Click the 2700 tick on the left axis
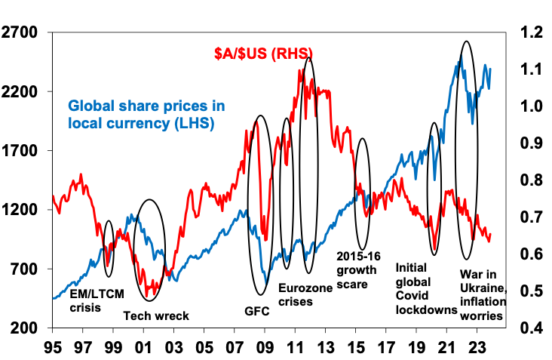tap(22, 32)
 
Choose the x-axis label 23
tap(475, 349)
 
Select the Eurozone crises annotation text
tap(305, 294)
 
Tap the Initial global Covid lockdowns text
tap(427, 288)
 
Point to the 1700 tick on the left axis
tap(22, 151)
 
